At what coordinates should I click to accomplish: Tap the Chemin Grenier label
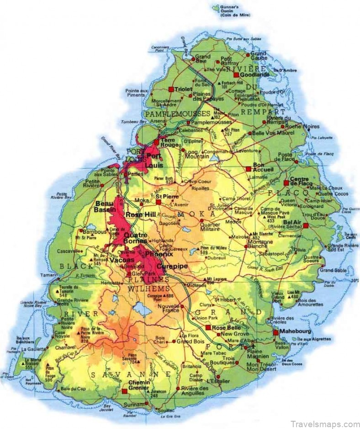(138, 385)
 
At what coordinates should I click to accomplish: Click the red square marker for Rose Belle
(208, 328)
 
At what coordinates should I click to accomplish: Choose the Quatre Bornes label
(136, 238)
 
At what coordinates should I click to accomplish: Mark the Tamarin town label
(51, 275)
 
